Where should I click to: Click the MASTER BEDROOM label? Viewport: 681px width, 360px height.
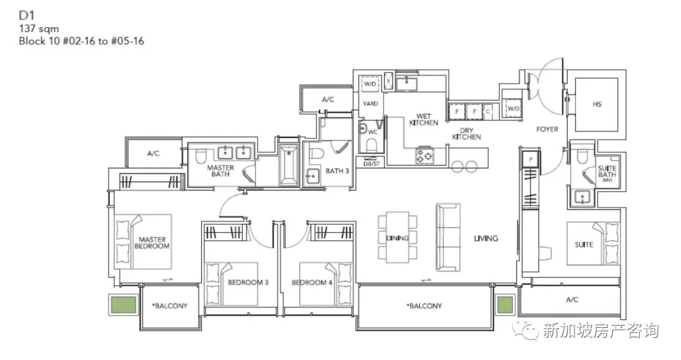point(152,243)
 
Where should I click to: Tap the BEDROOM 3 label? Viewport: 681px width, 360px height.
point(248,282)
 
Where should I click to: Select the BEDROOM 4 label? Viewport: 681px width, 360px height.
point(312,282)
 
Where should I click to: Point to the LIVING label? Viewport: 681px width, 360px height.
point(486,238)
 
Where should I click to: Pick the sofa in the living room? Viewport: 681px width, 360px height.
point(448,238)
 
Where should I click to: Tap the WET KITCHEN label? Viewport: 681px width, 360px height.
point(424,119)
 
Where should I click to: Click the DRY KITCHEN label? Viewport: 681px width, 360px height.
point(467,134)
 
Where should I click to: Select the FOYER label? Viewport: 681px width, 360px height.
point(547,129)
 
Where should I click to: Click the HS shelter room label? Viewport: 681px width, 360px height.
point(597,104)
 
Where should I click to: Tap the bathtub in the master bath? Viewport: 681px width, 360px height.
point(288,165)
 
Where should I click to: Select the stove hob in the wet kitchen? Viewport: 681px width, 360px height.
point(424,156)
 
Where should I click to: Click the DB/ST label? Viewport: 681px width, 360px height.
point(371,163)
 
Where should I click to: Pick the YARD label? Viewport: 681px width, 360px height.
point(371,103)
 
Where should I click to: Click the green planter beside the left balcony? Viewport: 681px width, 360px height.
point(124,305)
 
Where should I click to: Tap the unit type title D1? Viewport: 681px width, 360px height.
point(26,15)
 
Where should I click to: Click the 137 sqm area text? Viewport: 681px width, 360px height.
point(38,28)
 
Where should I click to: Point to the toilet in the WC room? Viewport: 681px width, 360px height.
point(372,144)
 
